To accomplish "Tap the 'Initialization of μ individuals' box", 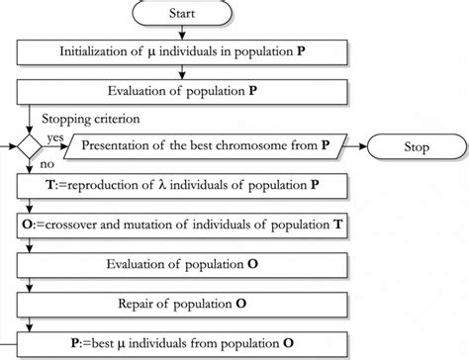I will coord(182,50).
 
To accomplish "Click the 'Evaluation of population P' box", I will coord(182,91).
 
